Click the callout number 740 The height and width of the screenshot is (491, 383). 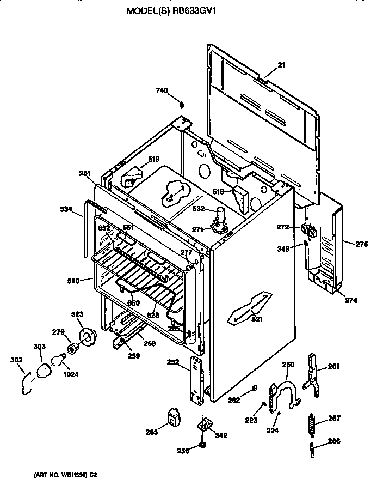(x=162, y=90)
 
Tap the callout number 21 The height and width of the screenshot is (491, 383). (x=281, y=65)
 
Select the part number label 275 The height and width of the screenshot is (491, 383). (x=362, y=245)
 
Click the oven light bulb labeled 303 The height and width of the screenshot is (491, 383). (x=42, y=372)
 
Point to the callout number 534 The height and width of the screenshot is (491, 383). (x=66, y=208)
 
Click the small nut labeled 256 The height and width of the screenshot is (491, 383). (x=202, y=446)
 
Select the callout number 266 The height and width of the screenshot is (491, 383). (x=333, y=441)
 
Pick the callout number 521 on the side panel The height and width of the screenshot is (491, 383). (x=257, y=319)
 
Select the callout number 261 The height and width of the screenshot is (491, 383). (x=333, y=367)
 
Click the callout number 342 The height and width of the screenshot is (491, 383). (x=221, y=435)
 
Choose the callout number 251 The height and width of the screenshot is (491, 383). (x=84, y=173)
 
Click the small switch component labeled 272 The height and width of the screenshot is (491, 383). (x=308, y=231)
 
